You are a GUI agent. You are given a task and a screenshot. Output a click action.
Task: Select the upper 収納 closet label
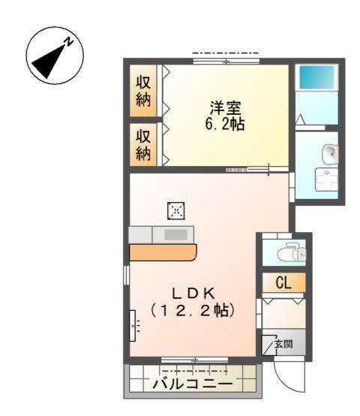point(142,91)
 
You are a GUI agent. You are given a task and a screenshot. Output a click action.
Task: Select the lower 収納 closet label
point(142,145)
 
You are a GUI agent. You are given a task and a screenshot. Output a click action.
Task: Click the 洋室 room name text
point(224,107)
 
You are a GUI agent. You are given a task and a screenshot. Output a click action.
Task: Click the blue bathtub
point(316,78)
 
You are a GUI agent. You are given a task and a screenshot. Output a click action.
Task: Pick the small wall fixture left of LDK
point(134,324)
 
